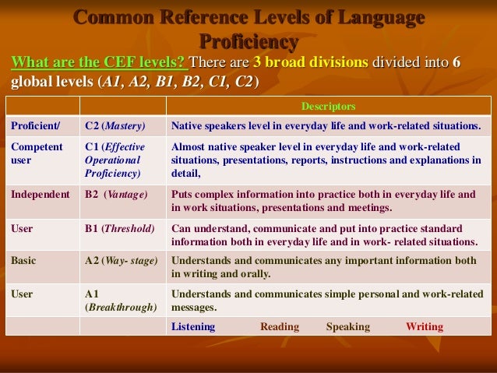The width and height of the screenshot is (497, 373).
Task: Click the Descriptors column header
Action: click(328, 106)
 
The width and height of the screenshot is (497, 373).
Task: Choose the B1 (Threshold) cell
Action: click(119, 230)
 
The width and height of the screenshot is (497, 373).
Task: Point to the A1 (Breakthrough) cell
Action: click(120, 301)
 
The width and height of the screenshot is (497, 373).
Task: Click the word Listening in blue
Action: click(192, 327)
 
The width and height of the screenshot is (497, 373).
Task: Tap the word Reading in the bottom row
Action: click(280, 327)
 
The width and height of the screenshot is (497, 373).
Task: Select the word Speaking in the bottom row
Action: click(347, 327)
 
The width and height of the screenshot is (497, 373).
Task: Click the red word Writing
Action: click(425, 327)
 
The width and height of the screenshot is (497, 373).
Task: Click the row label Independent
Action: click(40, 195)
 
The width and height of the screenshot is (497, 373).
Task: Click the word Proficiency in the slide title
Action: click(248, 40)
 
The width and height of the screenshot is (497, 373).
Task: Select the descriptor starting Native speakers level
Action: click(326, 125)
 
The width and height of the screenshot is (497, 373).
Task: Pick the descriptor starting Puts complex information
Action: click(323, 201)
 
